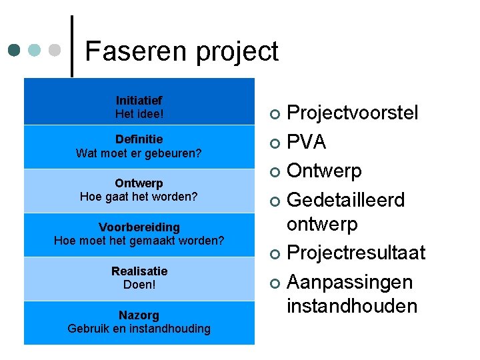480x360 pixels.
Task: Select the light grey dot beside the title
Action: coord(56,50)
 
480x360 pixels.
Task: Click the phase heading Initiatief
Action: coord(139,101)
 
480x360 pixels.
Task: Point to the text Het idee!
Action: coord(139,114)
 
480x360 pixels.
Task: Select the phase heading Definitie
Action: coord(139,139)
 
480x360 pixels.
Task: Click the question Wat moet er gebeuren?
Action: coord(139,153)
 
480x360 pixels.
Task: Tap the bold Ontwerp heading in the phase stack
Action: coord(139,183)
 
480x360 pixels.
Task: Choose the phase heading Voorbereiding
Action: coord(139,227)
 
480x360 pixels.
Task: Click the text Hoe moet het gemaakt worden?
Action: coord(139,241)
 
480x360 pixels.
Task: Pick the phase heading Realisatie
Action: coord(139,271)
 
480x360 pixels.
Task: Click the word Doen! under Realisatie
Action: coord(139,285)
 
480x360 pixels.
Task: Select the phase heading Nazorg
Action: coord(139,315)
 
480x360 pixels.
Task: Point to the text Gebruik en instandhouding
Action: coord(139,329)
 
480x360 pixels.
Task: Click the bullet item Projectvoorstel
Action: coord(352,113)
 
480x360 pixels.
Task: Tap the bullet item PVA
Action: coord(306,142)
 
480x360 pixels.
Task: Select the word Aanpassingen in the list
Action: coord(349,283)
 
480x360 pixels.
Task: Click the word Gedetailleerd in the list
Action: coord(345,200)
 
